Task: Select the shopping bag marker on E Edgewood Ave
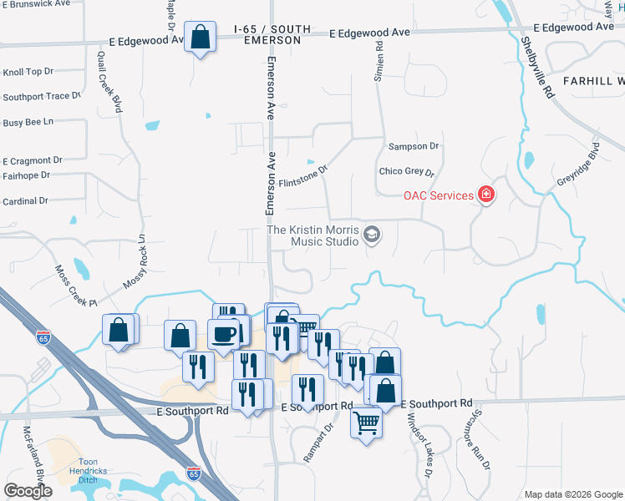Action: pos(200,38)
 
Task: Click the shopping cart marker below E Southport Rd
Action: pos(367,424)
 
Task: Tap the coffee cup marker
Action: pos(224,334)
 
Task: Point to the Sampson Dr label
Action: pos(414,146)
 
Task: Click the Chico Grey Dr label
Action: pos(407,173)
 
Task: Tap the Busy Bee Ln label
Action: pos(28,122)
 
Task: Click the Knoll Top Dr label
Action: pos(28,73)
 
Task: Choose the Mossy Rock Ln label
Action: pos(135,261)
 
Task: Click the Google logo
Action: pos(28,491)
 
